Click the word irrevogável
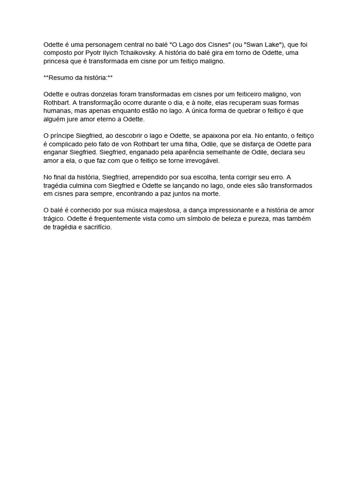(199, 160)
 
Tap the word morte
(210, 194)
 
